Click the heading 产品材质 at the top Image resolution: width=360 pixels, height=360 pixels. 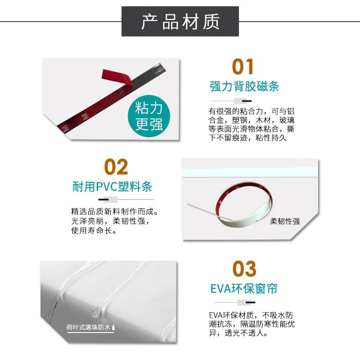[x=180, y=21]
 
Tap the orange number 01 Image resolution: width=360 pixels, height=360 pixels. [x=243, y=67]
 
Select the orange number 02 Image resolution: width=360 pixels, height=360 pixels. [x=116, y=167]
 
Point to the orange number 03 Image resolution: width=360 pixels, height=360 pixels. [x=244, y=269]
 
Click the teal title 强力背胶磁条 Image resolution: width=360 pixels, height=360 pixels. [x=244, y=86]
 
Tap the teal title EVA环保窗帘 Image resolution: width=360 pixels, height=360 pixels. [x=244, y=288]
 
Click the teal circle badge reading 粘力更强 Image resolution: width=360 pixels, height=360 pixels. [x=149, y=116]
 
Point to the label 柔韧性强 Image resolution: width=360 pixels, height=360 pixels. [x=285, y=221]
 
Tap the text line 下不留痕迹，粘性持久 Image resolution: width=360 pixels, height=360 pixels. [x=247, y=138]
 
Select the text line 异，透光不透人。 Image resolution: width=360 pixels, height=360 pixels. [x=239, y=333]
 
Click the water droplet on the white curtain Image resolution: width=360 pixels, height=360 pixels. [x=96, y=310]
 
